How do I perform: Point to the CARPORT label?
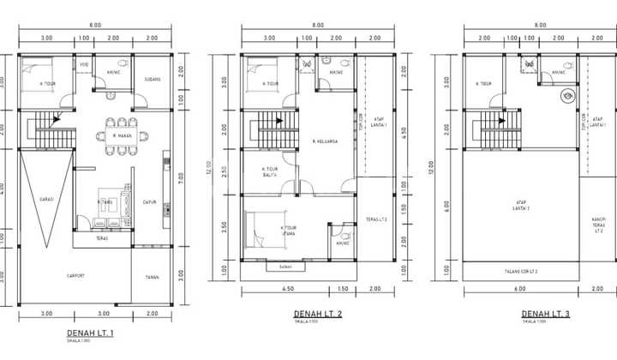coord(75,275)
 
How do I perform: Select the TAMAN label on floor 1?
coord(152,276)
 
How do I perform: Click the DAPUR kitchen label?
coord(148,202)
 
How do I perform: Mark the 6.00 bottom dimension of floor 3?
coord(521,289)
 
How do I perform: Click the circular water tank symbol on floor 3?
coord(566,98)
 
